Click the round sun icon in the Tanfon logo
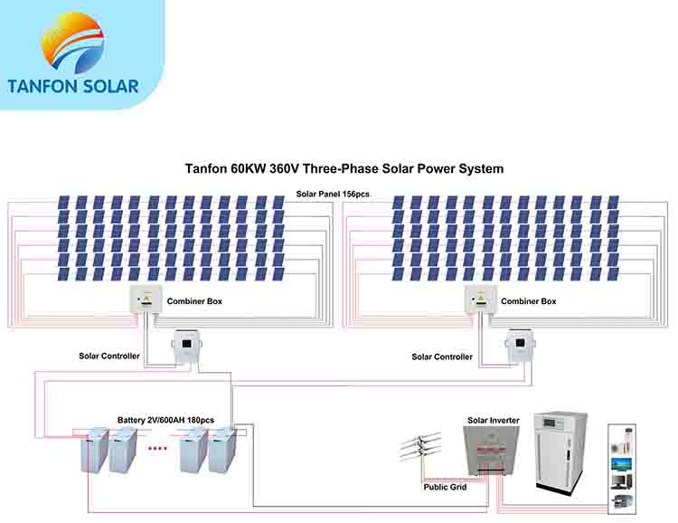coord(72,42)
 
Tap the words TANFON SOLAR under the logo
coord(72,87)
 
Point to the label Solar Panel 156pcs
coord(333,194)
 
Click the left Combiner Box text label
coord(194,301)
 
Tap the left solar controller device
coord(188,347)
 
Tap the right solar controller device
coord(522,347)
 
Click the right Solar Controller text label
coord(442,357)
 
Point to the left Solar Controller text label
coord(108,357)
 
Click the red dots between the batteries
coord(157,448)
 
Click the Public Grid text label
coord(445,488)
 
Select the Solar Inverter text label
coord(494,421)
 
